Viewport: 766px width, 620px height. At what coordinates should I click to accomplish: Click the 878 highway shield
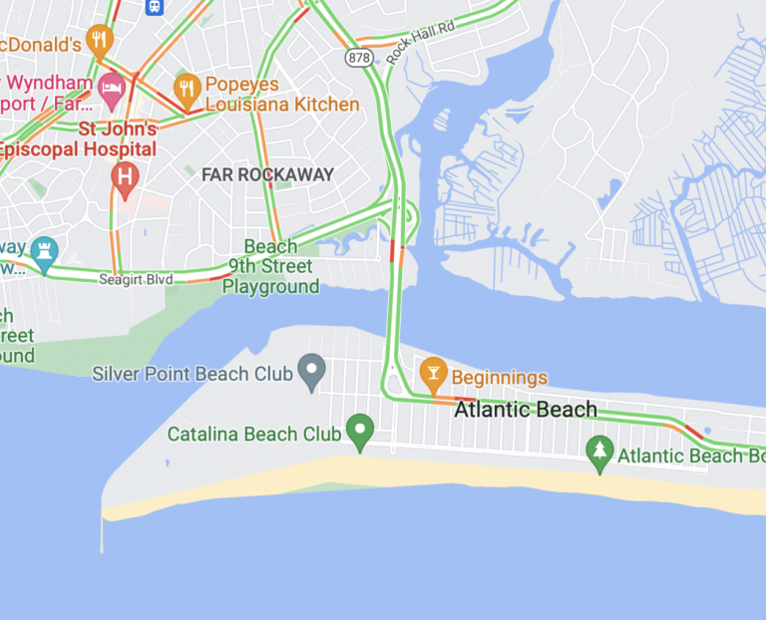(x=358, y=58)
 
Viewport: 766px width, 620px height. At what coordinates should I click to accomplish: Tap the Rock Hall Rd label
(x=420, y=44)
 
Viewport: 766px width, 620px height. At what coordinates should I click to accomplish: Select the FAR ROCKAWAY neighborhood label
(x=267, y=174)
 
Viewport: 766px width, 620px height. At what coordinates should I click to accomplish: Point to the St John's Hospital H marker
(x=125, y=179)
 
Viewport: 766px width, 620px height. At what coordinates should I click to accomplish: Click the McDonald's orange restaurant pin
(x=99, y=40)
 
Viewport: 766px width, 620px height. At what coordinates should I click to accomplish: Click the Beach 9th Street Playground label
(x=270, y=266)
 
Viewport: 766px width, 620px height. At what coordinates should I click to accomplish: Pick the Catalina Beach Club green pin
(x=359, y=431)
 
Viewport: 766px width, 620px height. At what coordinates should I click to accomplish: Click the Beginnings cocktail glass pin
(x=433, y=372)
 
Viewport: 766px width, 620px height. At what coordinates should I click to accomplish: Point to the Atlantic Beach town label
(x=526, y=409)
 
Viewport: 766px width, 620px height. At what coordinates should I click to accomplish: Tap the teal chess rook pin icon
(x=44, y=251)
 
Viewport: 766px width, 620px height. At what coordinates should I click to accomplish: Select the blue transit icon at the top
(x=155, y=6)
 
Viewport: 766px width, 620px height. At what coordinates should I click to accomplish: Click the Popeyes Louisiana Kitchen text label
(x=282, y=95)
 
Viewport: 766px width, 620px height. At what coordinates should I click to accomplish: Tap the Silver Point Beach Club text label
(x=192, y=375)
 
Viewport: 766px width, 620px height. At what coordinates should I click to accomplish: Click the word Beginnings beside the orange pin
(x=500, y=378)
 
